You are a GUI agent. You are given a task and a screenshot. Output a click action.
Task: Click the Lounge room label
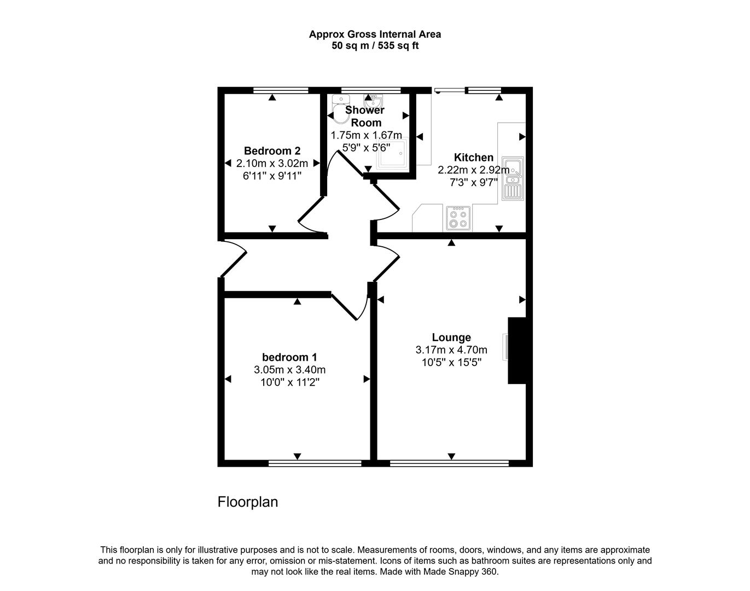pos(451,338)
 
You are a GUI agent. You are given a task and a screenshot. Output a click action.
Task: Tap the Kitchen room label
pos(473,158)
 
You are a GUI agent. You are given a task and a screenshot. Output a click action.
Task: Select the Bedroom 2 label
pos(272,150)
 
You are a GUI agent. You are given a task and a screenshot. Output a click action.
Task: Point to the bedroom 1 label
pos(289,357)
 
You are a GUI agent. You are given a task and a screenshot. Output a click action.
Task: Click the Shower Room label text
pos(365,116)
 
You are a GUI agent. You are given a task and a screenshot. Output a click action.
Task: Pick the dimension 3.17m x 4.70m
pos(451,350)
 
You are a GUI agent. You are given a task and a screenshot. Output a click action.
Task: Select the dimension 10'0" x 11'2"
pos(289,382)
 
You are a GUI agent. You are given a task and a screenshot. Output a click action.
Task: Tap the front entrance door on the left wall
pos(232,259)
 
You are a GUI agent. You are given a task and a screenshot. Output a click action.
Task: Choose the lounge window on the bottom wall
pos(449,463)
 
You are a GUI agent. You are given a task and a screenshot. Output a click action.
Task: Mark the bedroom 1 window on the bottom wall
pos(315,463)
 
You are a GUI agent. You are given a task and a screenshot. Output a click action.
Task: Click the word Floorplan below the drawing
pos(248,502)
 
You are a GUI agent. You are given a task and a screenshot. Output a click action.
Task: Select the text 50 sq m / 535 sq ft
pos(375,46)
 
